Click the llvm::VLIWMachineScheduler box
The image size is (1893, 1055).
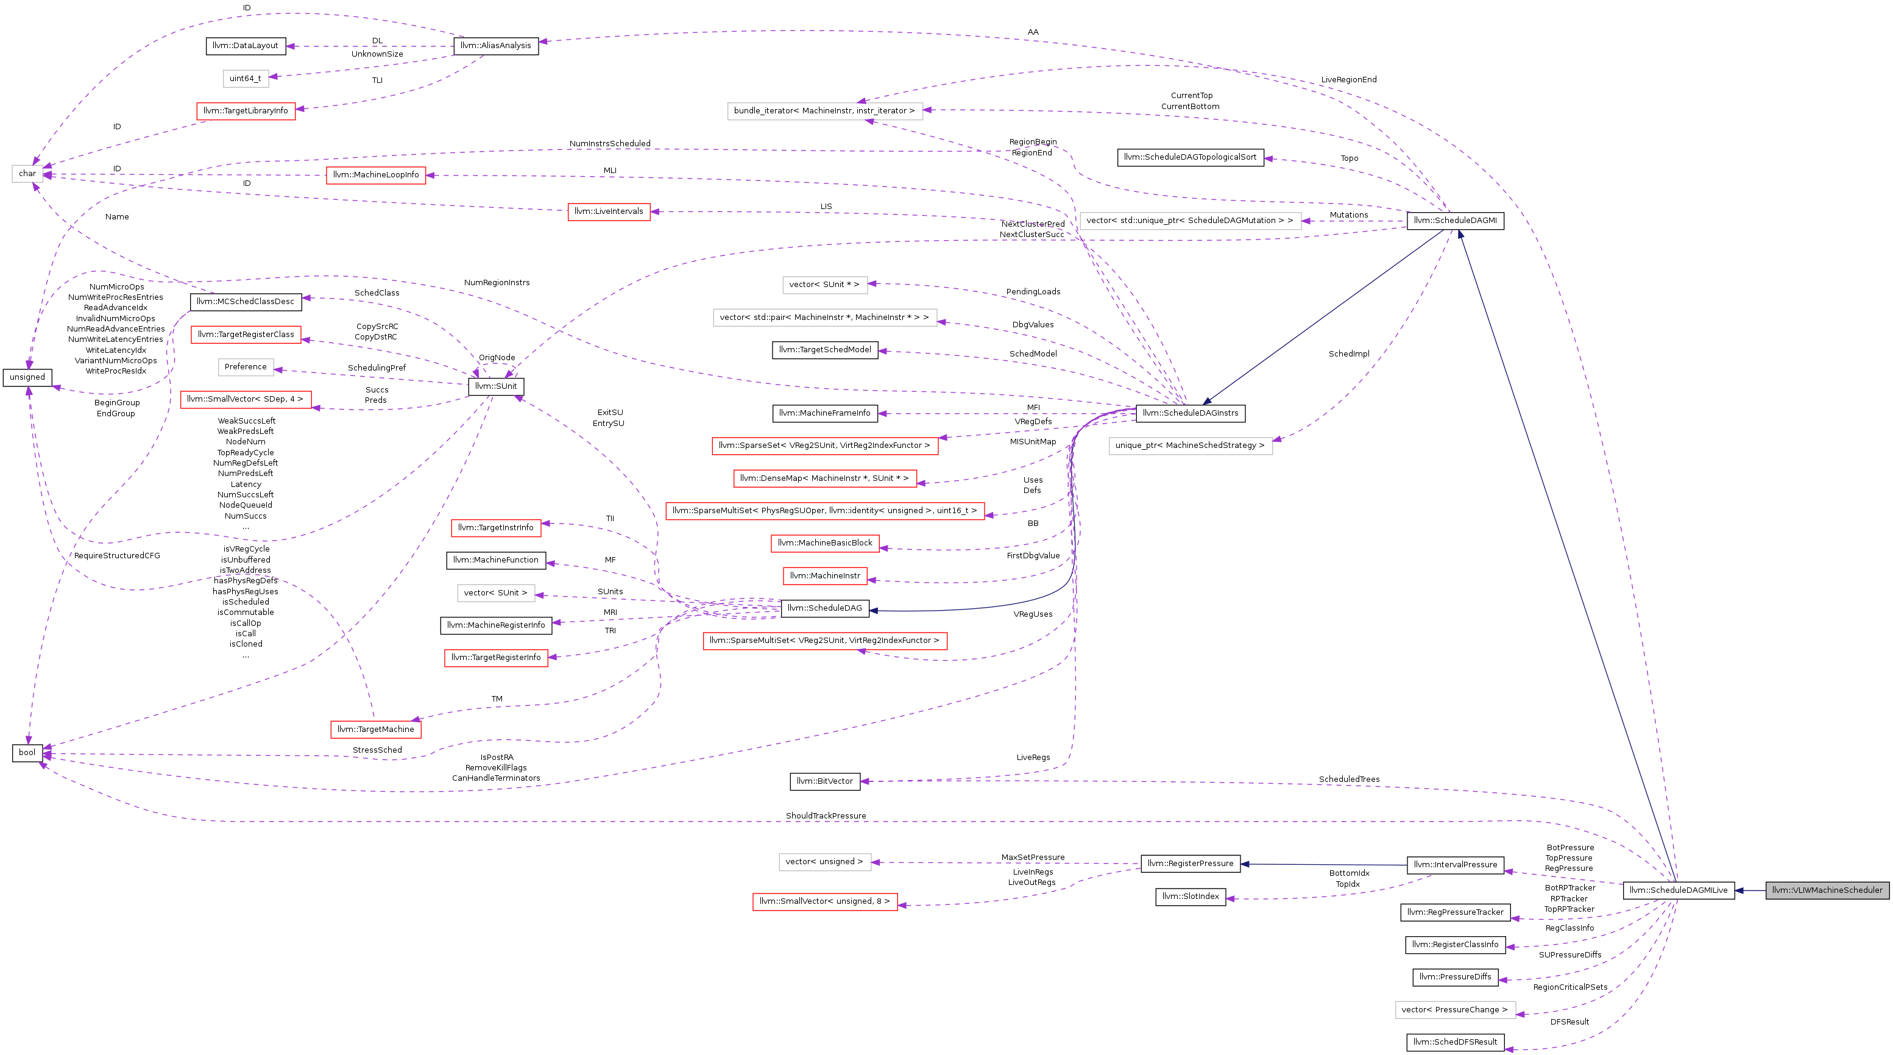[x=1827, y=890]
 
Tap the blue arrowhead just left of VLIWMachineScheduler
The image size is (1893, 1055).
[x=1739, y=890]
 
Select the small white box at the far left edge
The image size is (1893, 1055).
[x=27, y=174]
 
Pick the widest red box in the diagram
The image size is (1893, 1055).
[x=824, y=511]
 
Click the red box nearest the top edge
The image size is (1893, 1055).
[x=246, y=111]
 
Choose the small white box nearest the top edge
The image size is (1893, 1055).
[x=246, y=79]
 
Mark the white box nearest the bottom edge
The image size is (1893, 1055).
[x=1455, y=1010]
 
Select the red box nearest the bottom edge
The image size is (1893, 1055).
[x=824, y=902]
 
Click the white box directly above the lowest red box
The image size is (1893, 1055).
[x=824, y=862]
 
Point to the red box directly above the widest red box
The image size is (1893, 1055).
[x=824, y=478]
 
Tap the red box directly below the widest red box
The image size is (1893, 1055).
[x=824, y=543]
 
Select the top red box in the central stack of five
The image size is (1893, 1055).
[x=824, y=446]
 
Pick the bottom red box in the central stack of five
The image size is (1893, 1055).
[x=824, y=576]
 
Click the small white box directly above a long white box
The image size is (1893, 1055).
[x=824, y=285]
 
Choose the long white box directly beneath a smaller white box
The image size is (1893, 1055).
[x=824, y=318]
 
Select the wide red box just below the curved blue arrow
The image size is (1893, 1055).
[x=824, y=641]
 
